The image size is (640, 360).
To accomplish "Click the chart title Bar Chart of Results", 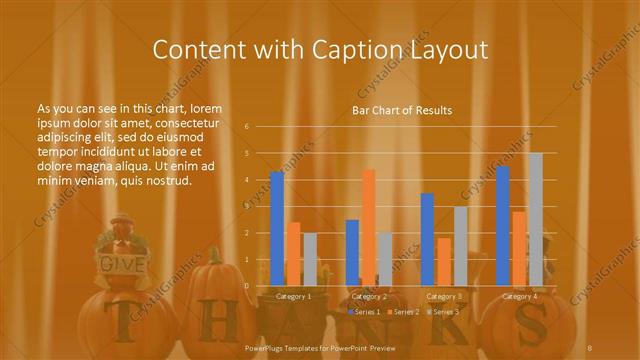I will click(x=402, y=110).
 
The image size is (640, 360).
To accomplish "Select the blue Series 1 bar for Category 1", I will click(x=277, y=229).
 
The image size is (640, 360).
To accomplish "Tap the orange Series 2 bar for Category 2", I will click(x=369, y=228).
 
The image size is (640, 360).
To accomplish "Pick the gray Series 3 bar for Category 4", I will click(x=535, y=219).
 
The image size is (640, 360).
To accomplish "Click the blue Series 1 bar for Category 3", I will click(x=428, y=240).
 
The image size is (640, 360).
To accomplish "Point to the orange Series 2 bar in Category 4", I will click(x=519, y=249).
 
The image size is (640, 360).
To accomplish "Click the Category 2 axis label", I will click(x=369, y=296).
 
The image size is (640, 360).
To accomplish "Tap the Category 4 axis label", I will click(x=519, y=296).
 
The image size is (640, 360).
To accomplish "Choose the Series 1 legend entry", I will click(x=364, y=312).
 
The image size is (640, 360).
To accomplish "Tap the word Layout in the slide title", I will click(x=446, y=50).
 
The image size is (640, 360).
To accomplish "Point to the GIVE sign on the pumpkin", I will click(x=123, y=264).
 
